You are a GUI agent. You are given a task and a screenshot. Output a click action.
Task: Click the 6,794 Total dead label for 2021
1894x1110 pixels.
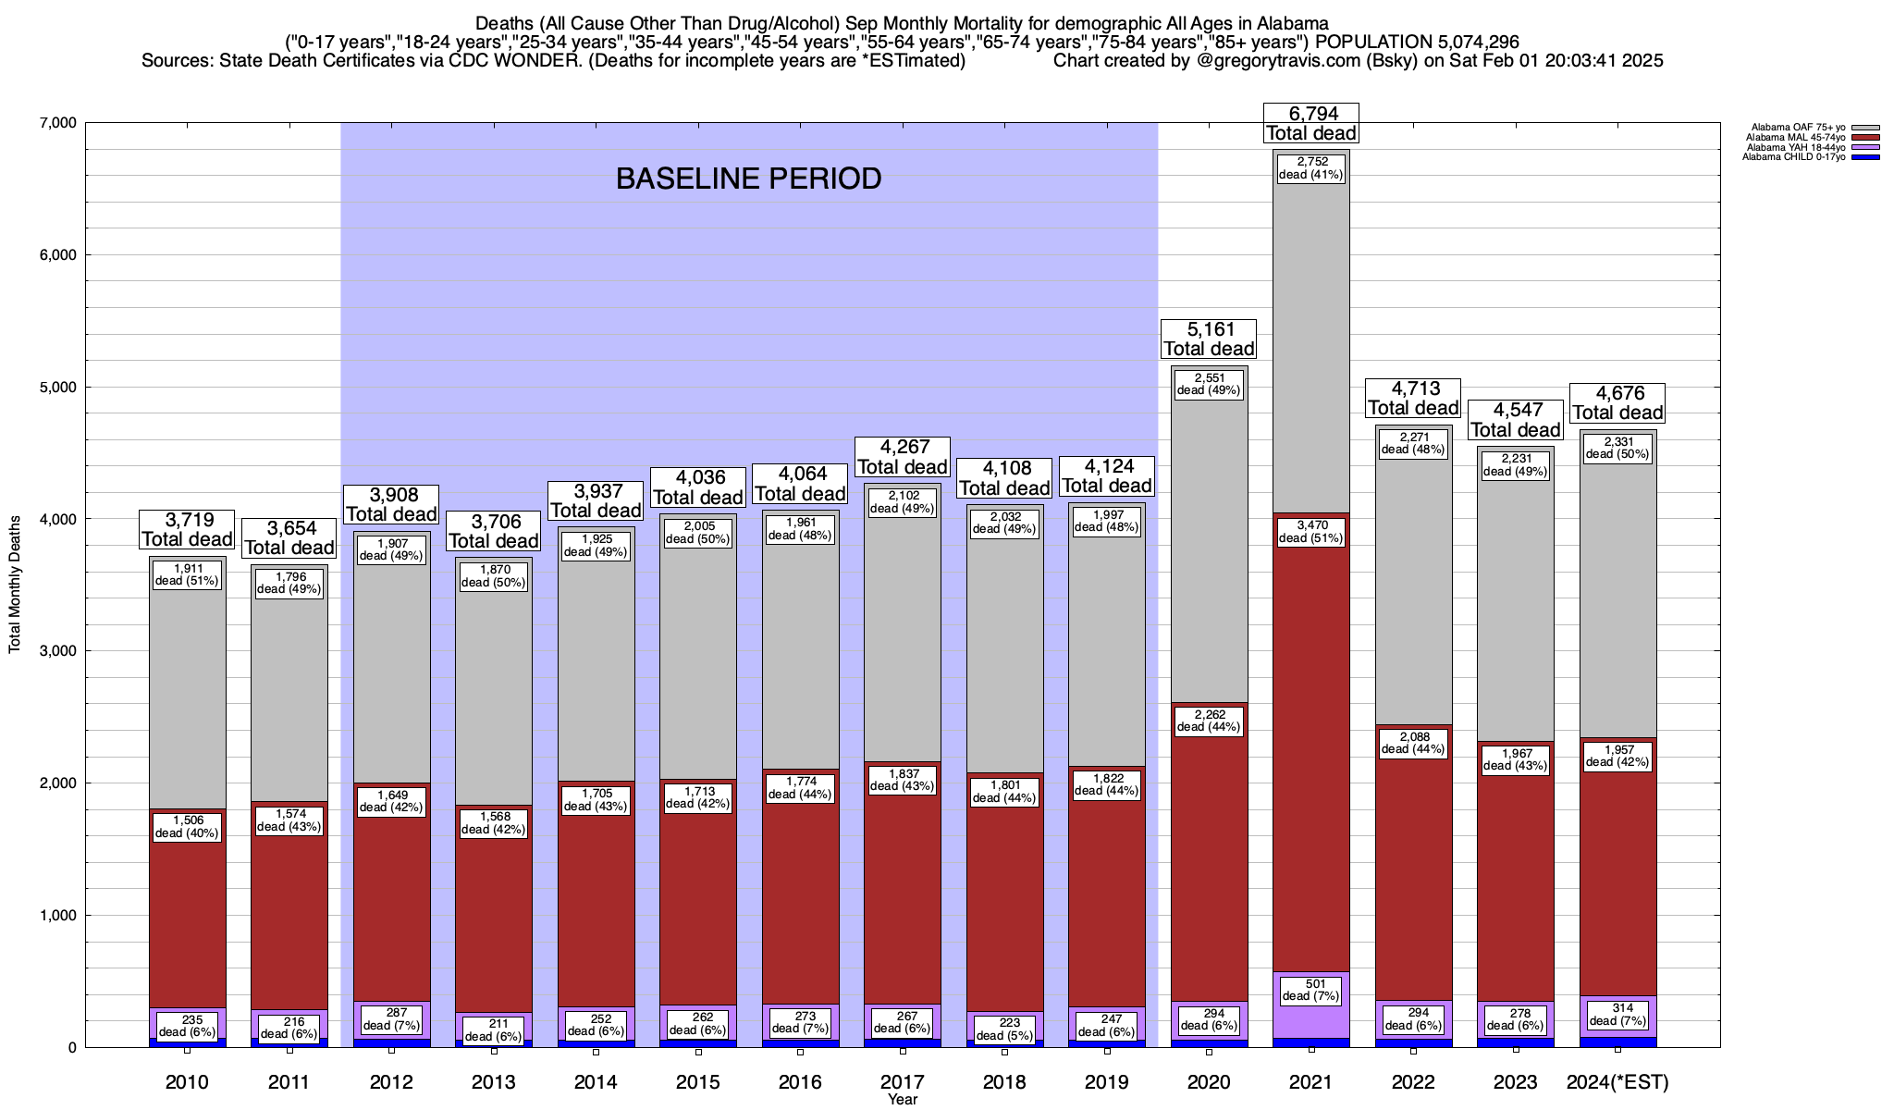[x=1310, y=123]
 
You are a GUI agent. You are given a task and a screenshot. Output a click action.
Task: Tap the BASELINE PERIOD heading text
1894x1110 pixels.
[x=748, y=179]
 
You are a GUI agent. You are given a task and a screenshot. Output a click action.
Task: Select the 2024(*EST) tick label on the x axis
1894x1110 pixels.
[x=1617, y=1082]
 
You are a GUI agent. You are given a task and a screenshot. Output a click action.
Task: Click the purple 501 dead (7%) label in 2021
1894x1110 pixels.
[x=1310, y=990]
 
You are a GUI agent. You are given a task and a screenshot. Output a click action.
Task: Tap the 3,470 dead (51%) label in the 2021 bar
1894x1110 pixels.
[x=1310, y=531]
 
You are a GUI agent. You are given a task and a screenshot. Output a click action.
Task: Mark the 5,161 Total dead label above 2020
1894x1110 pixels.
[x=1209, y=339]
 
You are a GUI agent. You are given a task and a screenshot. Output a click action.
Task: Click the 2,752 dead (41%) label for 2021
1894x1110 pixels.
[x=1310, y=167]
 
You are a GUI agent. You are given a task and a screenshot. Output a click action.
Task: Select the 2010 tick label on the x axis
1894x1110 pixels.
[x=187, y=1082]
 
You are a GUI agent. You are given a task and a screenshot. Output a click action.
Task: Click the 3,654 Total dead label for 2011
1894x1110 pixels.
[x=289, y=537]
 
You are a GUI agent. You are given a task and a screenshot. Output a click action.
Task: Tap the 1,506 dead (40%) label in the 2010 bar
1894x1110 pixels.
[x=187, y=827]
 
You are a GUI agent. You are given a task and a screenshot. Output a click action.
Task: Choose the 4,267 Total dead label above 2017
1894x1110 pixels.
[x=903, y=457]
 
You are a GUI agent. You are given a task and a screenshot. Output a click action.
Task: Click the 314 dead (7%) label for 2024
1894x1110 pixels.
[x=1617, y=1015]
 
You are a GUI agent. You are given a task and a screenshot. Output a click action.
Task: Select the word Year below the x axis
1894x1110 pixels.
[x=903, y=1100]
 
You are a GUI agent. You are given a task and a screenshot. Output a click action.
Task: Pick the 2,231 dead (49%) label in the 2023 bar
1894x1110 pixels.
[x=1516, y=464]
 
